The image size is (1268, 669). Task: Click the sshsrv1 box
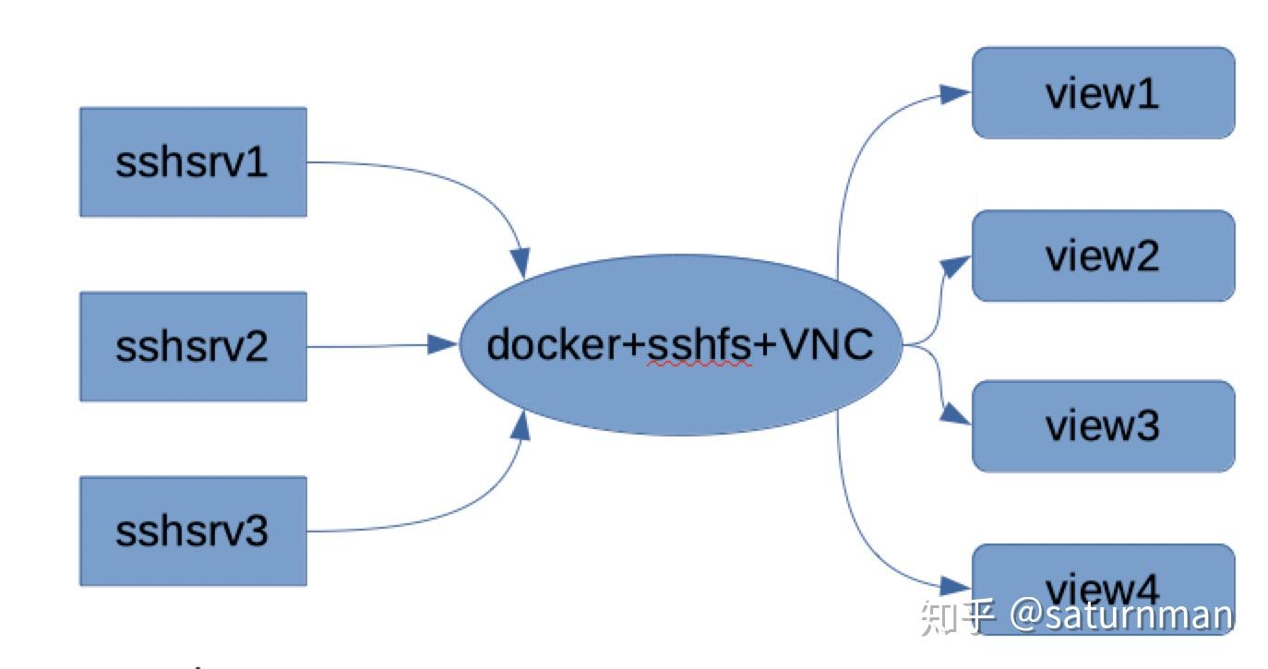coord(193,162)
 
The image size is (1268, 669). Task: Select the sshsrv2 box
coord(193,347)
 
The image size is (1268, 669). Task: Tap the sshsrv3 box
coord(193,532)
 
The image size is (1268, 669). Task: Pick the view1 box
coord(1103,93)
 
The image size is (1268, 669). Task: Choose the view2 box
coord(1103,256)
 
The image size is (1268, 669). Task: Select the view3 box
coord(1103,425)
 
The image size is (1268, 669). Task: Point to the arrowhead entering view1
coord(956,92)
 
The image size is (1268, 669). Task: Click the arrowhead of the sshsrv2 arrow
coord(444,345)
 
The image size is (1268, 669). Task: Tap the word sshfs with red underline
coord(700,346)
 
